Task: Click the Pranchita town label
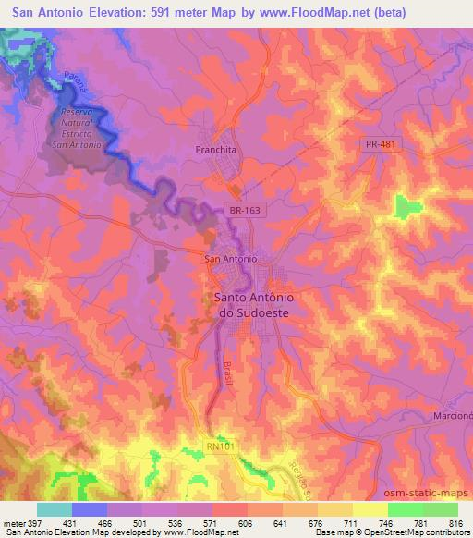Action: (x=217, y=148)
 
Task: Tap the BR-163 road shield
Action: (x=245, y=211)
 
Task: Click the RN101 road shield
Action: (x=220, y=445)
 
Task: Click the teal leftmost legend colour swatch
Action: (x=54, y=509)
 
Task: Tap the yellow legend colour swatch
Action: (x=370, y=509)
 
